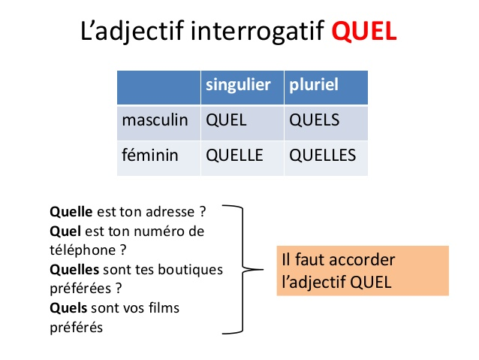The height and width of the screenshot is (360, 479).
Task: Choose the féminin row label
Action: tap(149, 156)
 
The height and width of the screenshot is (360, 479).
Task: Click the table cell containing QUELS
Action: tap(315, 120)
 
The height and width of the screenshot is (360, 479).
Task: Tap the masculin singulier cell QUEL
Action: tap(226, 120)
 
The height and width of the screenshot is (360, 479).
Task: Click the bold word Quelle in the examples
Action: tap(71, 212)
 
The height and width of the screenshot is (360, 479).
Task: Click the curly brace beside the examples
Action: tap(243, 268)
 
